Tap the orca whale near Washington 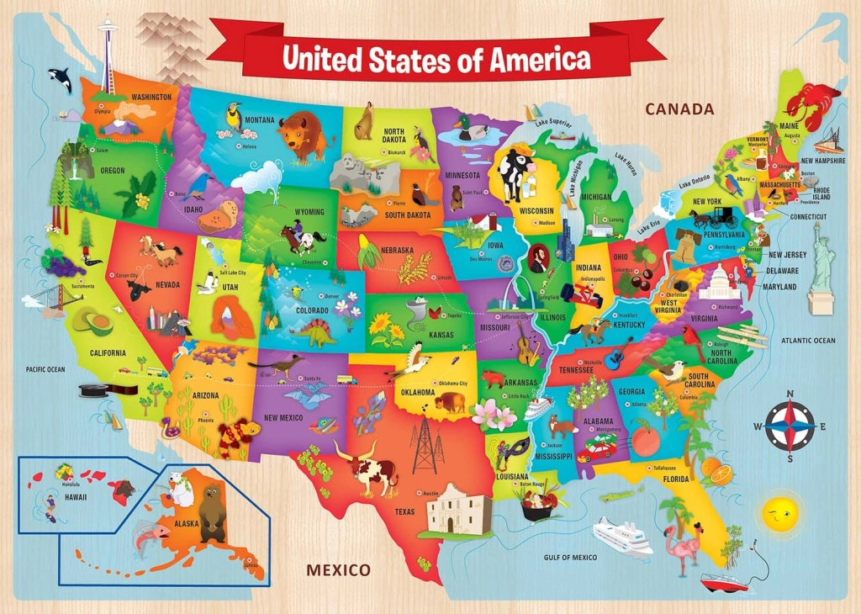pyautogui.click(x=60, y=81)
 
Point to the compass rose pyautogui.click(x=790, y=426)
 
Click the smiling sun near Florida pyautogui.click(x=778, y=513)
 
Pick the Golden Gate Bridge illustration pyautogui.click(x=45, y=296)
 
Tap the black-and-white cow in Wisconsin pyautogui.click(x=512, y=172)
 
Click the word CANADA pyautogui.click(x=679, y=109)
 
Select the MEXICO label pyautogui.click(x=338, y=570)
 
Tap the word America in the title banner pyautogui.click(x=541, y=59)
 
